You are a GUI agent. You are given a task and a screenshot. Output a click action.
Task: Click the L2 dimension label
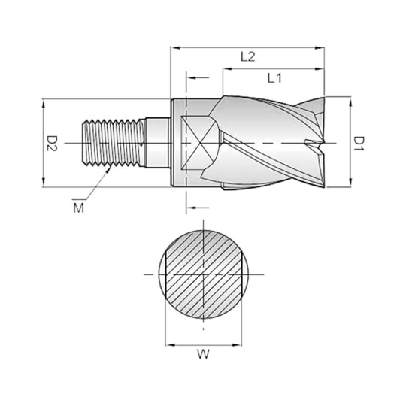click(249, 56)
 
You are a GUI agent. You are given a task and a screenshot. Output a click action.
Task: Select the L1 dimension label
click(274, 77)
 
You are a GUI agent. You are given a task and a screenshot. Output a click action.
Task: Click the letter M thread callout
click(79, 206)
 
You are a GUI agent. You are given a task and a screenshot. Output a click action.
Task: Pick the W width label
click(203, 353)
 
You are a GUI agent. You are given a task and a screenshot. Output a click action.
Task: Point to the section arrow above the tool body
click(197, 77)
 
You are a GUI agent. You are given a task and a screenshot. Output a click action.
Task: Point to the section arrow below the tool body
click(197, 205)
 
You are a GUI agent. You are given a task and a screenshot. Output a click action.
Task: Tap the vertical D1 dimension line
click(348, 141)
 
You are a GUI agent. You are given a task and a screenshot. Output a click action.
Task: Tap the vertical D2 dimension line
click(43, 141)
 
